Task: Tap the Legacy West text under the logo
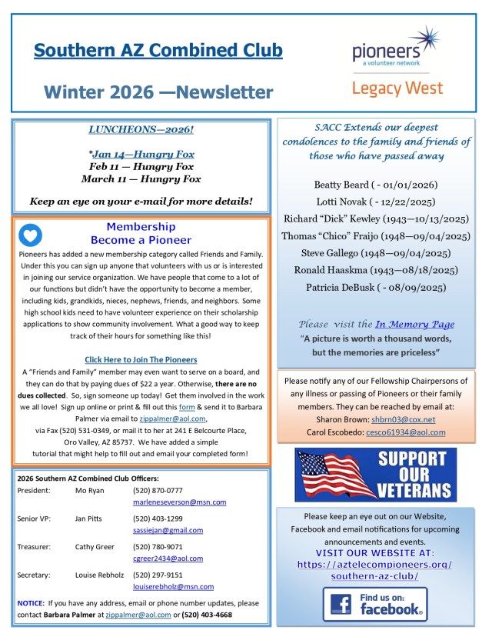click(397, 88)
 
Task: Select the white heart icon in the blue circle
click(30, 235)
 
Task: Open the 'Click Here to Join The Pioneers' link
click(141, 359)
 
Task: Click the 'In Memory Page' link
click(414, 324)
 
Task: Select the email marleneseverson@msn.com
click(179, 502)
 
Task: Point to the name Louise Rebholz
click(98, 574)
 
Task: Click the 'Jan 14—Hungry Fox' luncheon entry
click(144, 154)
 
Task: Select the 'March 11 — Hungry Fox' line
click(141, 178)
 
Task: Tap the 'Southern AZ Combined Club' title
click(158, 51)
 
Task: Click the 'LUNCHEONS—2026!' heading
click(141, 130)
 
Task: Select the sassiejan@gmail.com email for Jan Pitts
click(168, 530)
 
